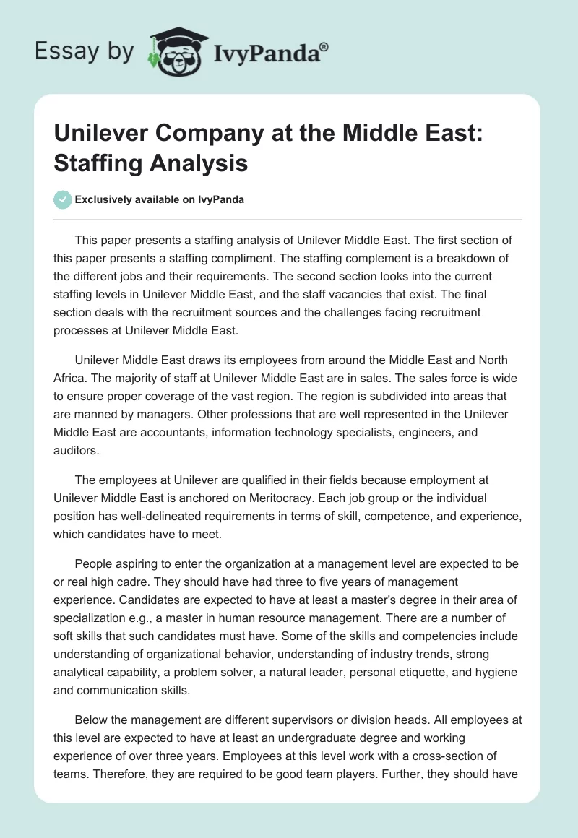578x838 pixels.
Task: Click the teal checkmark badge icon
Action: point(63,199)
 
